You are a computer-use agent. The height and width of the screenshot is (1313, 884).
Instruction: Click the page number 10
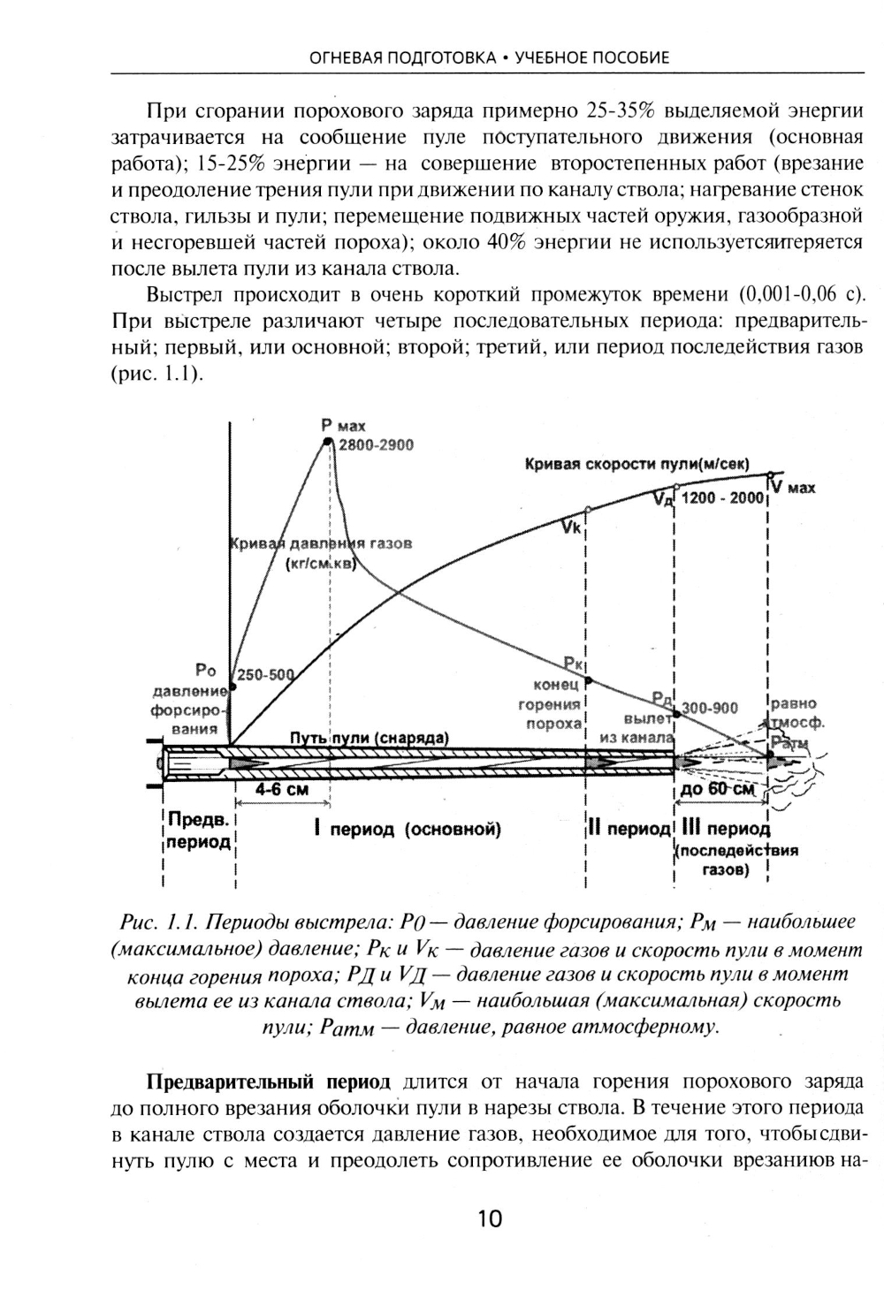pyautogui.click(x=489, y=1219)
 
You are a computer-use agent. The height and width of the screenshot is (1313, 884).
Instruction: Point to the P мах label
pyautogui.click(x=343, y=426)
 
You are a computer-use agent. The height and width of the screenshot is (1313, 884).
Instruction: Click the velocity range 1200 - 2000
pyautogui.click(x=722, y=498)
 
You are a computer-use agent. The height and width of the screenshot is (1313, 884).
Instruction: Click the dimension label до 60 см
pyautogui.click(x=718, y=789)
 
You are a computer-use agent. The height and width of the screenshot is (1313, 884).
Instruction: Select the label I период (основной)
pyautogui.click(x=408, y=829)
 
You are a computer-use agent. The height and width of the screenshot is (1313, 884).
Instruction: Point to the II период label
pyautogui.click(x=629, y=829)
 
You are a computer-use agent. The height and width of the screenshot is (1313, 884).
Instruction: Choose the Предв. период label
pyautogui.click(x=199, y=831)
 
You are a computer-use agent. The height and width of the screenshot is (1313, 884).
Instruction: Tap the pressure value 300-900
pyautogui.click(x=710, y=709)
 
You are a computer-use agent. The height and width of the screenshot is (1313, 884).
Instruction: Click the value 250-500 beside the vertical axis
pyautogui.click(x=265, y=676)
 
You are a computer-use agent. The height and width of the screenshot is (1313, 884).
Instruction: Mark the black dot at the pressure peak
pyautogui.click(x=327, y=440)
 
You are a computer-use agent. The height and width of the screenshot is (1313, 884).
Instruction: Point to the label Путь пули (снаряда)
pyautogui.click(x=370, y=738)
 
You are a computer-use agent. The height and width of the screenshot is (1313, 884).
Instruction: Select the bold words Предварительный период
pyautogui.click(x=268, y=1082)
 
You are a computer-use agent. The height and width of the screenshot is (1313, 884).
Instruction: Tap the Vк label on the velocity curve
pyautogui.click(x=571, y=528)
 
